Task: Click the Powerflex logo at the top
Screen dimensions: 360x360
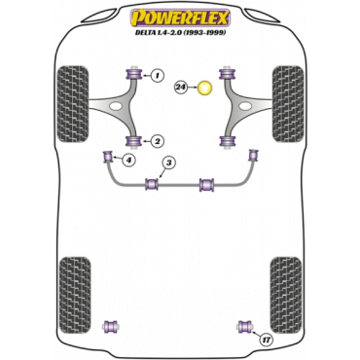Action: (x=180, y=18)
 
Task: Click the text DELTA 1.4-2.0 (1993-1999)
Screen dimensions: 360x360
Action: (x=180, y=32)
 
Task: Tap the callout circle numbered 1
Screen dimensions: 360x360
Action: (x=157, y=76)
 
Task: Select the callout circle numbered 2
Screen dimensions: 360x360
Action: (x=157, y=141)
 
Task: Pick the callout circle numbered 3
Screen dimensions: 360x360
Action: (x=169, y=162)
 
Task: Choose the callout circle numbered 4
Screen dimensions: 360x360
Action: (x=129, y=160)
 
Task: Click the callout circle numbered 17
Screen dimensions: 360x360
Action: (x=266, y=341)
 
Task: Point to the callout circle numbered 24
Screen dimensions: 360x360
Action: (x=181, y=87)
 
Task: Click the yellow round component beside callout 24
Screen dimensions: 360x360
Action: (x=204, y=88)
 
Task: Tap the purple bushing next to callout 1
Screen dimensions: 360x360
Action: (x=132, y=74)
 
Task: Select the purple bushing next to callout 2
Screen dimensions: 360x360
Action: (x=132, y=141)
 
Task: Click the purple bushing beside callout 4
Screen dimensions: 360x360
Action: (x=107, y=157)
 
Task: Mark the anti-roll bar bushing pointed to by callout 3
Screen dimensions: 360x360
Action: (x=152, y=184)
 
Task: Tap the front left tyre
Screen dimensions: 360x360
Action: (x=72, y=104)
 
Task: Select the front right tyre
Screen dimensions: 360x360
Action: (x=288, y=104)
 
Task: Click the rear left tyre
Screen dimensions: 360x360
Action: (x=75, y=295)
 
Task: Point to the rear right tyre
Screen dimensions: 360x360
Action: (x=286, y=295)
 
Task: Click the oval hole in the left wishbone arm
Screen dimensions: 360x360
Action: (x=115, y=105)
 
